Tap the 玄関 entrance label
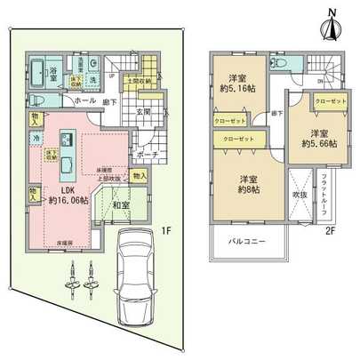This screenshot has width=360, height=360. tap(145, 113)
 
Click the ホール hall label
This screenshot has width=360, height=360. tap(86, 101)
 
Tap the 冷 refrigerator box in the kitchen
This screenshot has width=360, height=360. tap(36, 139)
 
